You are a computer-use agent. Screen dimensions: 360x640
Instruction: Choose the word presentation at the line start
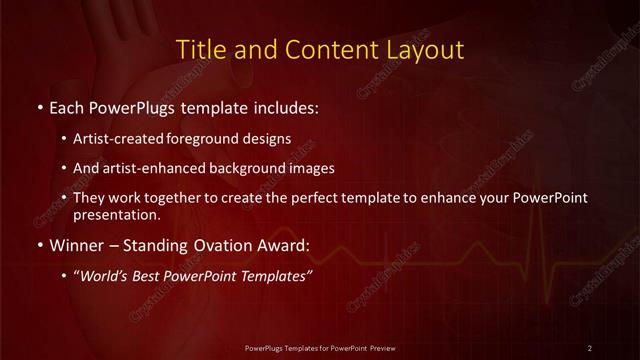(116, 214)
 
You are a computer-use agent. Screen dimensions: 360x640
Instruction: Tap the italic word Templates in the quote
(275, 276)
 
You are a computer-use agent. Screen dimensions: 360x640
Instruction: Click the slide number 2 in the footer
(590, 347)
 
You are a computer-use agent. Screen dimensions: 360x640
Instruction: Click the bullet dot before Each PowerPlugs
(38, 105)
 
